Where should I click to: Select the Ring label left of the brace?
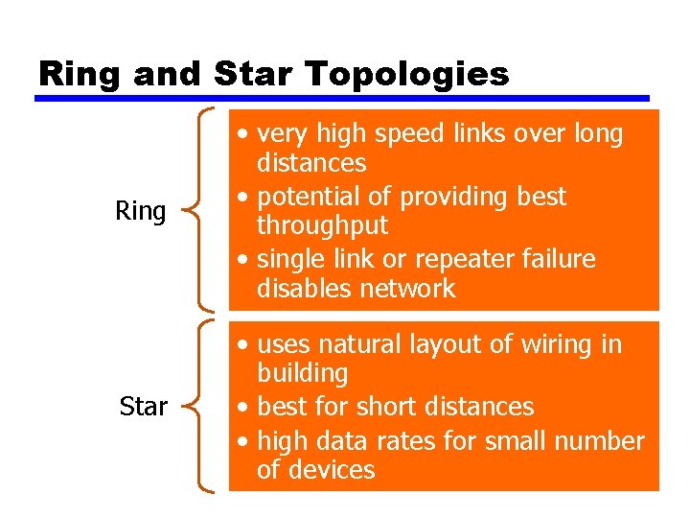[x=140, y=211]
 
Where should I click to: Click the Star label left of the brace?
[x=143, y=407]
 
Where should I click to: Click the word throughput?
[x=322, y=225]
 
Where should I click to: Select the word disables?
[x=305, y=288]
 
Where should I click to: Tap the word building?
[x=302, y=373]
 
